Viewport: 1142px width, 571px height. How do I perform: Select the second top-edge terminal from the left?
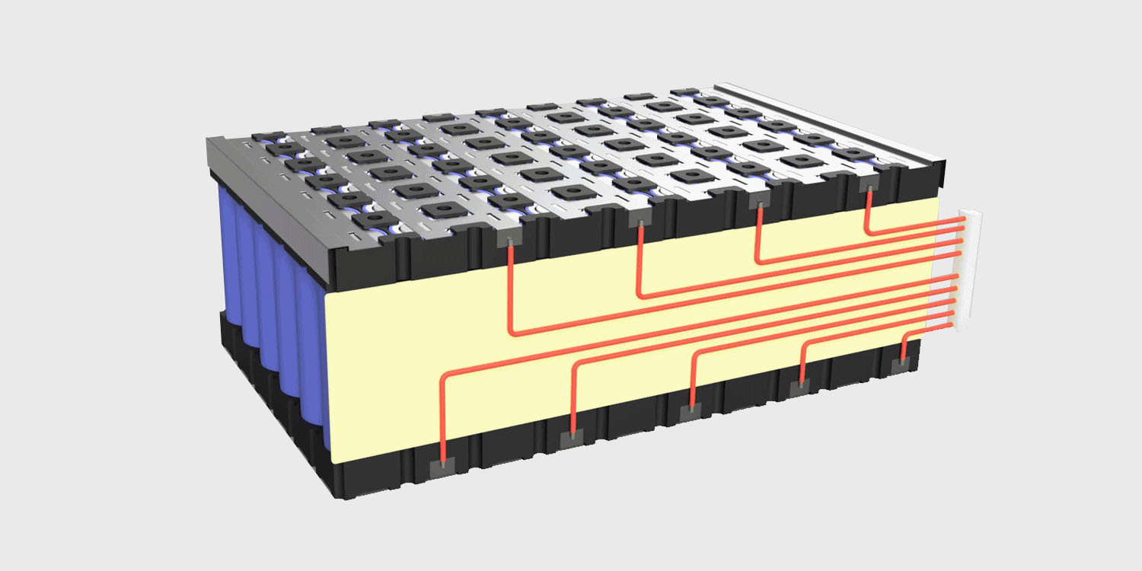coord(640,220)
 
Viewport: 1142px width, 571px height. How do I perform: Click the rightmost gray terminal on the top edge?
coord(867,185)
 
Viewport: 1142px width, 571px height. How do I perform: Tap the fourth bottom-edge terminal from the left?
coord(800,388)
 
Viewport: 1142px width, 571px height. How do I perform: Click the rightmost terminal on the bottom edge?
coord(903,366)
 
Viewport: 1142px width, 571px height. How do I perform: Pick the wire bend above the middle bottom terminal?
coord(694,356)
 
